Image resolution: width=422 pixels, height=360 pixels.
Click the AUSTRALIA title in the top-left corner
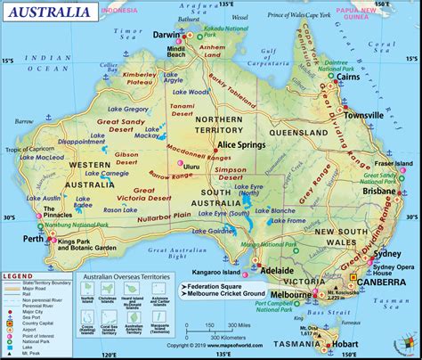pyautogui.click(x=48, y=13)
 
